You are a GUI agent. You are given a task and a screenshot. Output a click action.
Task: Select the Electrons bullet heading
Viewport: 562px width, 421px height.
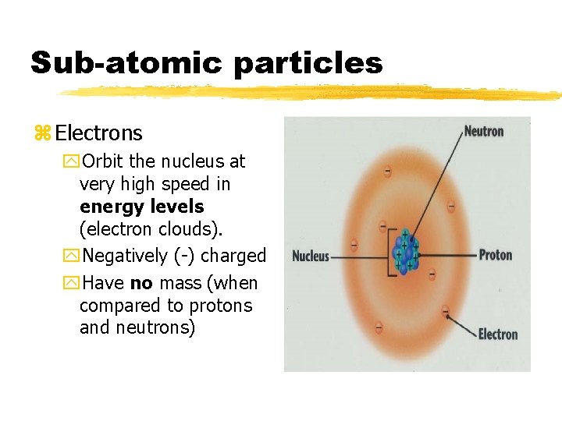coord(99,133)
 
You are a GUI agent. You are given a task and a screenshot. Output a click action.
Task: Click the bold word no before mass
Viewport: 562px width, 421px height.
coord(141,282)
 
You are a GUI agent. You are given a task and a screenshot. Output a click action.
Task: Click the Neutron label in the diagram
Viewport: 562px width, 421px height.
coord(483,131)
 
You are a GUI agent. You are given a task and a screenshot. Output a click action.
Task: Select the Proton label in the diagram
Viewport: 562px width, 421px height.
coord(495,255)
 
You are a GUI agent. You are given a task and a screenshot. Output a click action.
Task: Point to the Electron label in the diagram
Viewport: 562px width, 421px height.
coord(497,334)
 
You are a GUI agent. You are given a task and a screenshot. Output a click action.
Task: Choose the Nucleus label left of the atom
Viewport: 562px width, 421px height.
coord(310,256)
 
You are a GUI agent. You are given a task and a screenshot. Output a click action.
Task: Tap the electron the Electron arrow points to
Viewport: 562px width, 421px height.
coord(446,310)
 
